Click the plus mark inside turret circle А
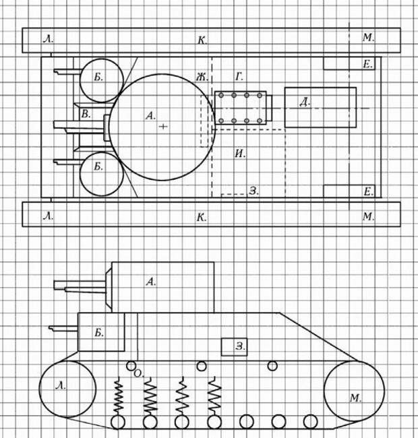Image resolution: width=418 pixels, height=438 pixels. [163, 127]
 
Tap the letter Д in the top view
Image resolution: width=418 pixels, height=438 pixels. [305, 102]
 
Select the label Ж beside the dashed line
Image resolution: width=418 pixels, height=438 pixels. [202, 77]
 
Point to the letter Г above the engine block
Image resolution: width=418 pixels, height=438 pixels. [239, 77]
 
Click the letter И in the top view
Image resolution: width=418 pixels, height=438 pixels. [240, 154]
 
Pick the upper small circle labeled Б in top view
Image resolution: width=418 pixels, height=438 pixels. [102, 80]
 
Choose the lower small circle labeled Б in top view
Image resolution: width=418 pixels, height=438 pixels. [102, 174]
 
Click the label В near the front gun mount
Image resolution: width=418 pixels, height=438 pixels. [86, 114]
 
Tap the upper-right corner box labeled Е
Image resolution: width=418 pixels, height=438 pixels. [349, 63]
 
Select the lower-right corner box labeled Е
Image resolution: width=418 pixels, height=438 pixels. [349, 191]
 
